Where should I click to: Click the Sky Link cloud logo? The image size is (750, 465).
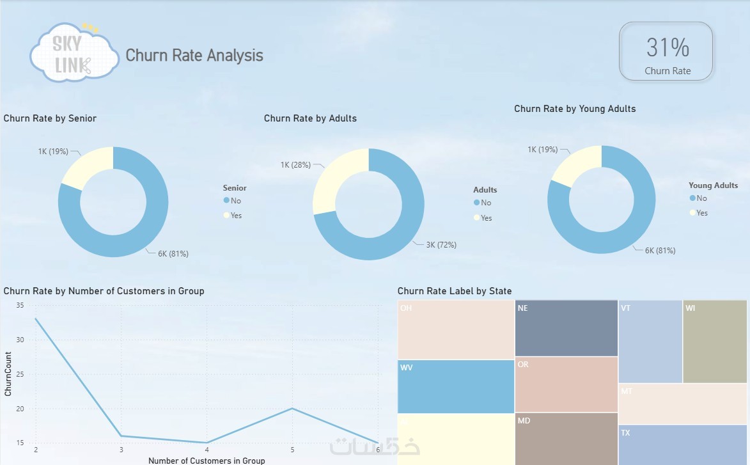(x=74, y=53)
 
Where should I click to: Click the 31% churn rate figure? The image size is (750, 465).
(x=667, y=48)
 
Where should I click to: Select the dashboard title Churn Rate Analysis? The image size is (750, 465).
(x=194, y=55)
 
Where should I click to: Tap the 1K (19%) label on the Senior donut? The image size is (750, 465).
(x=53, y=152)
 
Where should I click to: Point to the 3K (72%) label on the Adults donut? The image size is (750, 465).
(x=441, y=244)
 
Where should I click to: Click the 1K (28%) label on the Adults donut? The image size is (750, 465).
(x=295, y=165)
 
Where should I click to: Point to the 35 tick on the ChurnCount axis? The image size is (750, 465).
(x=20, y=306)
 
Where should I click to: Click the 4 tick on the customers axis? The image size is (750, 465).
(x=207, y=450)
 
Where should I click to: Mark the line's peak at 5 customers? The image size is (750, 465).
(x=292, y=408)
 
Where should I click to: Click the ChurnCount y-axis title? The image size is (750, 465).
(x=8, y=374)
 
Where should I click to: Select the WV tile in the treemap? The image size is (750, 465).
(x=456, y=386)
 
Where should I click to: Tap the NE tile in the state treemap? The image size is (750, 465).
(x=566, y=327)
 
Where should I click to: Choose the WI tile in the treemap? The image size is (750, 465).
(x=714, y=341)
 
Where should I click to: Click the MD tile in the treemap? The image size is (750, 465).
(x=566, y=439)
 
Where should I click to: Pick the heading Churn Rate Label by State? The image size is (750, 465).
(x=455, y=291)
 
